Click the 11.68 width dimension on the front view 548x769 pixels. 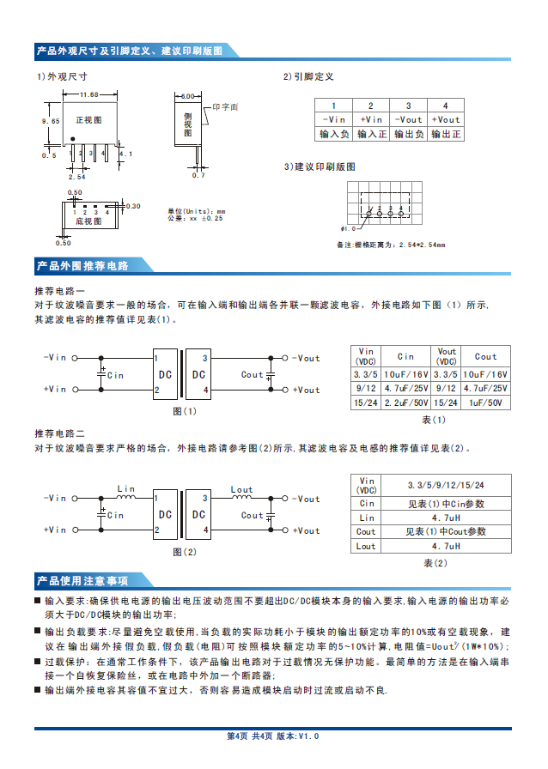click(x=89, y=94)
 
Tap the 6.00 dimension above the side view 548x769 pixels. click(x=187, y=96)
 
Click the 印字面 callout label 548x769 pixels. click(x=225, y=107)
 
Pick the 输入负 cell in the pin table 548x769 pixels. click(x=334, y=134)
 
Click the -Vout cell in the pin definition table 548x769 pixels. click(x=408, y=119)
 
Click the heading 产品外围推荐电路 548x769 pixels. click(x=82, y=266)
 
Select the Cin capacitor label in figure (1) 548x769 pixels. click(x=115, y=375)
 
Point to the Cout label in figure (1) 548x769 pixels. click(x=252, y=374)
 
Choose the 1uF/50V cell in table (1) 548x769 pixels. click(x=485, y=403)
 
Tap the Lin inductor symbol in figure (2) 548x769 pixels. click(x=126, y=496)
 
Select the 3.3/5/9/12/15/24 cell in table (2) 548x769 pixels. click(x=446, y=485)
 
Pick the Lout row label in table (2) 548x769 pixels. click(x=367, y=546)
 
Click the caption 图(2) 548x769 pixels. click(x=185, y=552)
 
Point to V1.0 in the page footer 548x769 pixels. click(x=308, y=736)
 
